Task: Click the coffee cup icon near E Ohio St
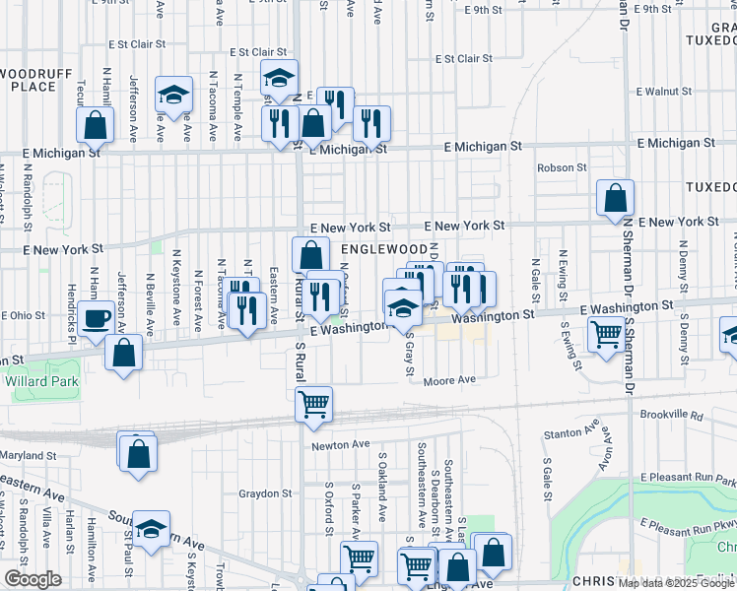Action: point(97,318)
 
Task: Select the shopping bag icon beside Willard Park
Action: point(124,352)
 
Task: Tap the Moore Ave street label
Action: point(451,379)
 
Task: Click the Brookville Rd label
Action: point(670,416)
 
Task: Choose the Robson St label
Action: point(562,168)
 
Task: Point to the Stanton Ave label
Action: point(571,432)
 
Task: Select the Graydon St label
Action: point(266,493)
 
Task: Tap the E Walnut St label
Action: point(664,92)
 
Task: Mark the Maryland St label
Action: point(29,456)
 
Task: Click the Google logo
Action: point(33,579)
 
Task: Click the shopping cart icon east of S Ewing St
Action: point(605,334)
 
